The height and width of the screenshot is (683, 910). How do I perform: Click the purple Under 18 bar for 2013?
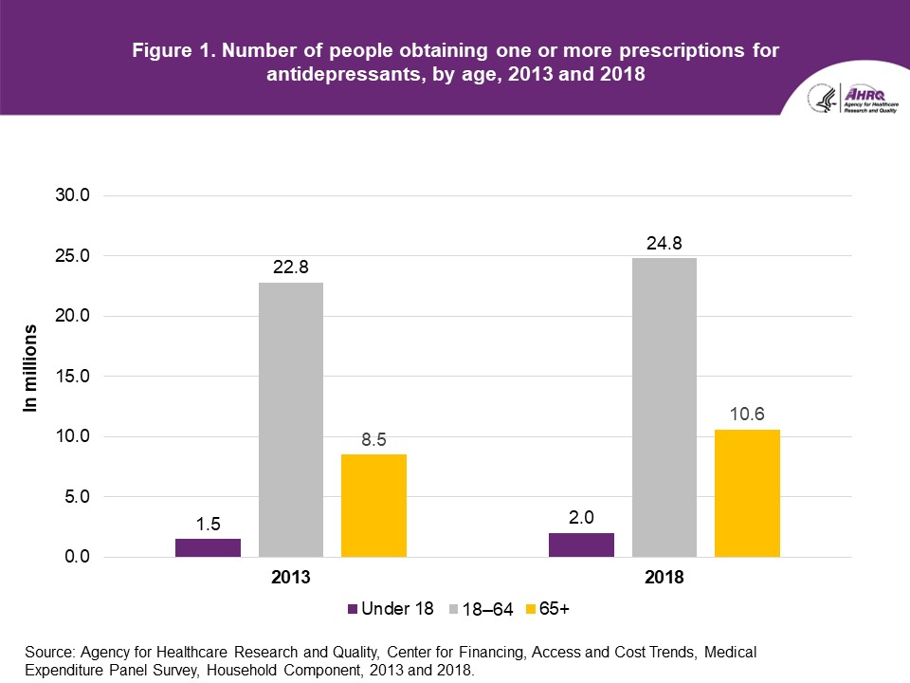(x=208, y=547)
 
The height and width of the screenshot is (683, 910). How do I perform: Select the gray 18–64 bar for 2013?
(x=291, y=419)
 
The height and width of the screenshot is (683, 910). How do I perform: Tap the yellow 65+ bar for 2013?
(x=373, y=506)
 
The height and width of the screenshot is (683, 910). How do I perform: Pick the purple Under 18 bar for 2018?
(x=581, y=545)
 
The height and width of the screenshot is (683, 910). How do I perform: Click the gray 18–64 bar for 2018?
(x=664, y=407)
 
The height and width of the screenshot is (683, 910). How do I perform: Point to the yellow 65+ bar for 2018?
(x=747, y=493)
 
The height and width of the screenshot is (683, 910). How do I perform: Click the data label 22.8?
(x=291, y=268)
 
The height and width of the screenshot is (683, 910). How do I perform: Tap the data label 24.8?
(x=664, y=244)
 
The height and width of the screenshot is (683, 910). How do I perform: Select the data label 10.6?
(x=747, y=415)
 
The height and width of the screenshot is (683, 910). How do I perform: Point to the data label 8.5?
(x=373, y=439)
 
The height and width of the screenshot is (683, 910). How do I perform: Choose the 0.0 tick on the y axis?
(x=72, y=557)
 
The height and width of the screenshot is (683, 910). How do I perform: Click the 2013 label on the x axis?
(x=291, y=576)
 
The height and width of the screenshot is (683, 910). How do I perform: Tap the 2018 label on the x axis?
(x=664, y=576)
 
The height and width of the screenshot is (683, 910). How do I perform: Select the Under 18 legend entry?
(x=390, y=609)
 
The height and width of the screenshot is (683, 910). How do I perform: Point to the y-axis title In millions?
(x=31, y=369)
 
